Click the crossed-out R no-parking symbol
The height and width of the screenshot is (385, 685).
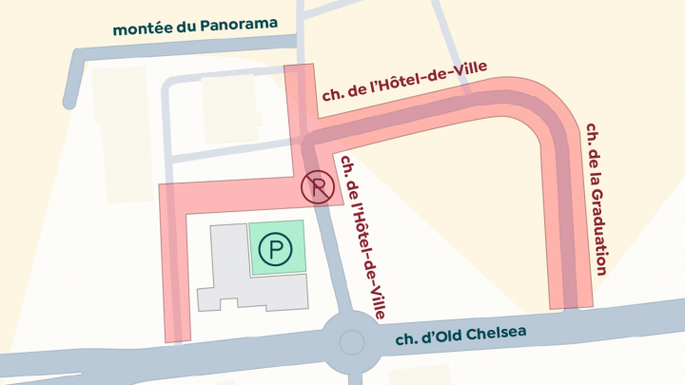[x=316, y=188]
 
